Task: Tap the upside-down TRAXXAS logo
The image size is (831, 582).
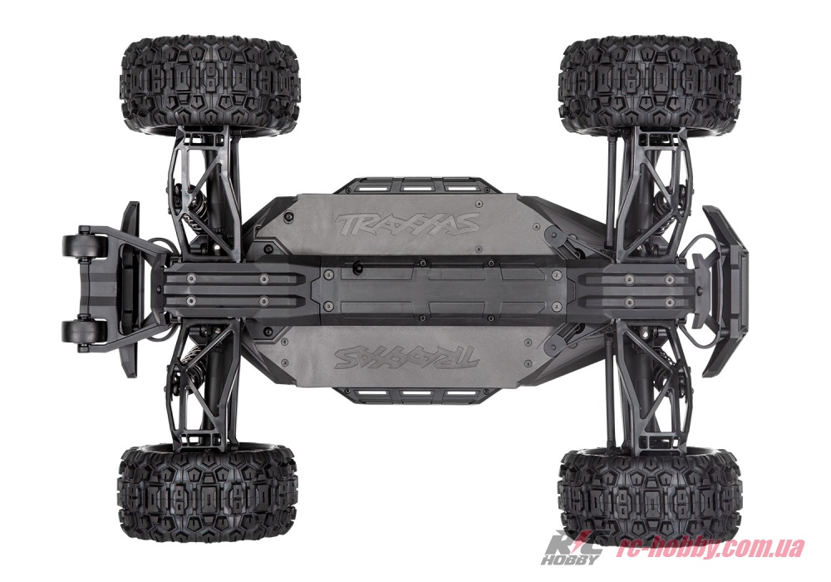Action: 406,358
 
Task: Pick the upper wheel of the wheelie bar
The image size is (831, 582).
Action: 79,245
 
